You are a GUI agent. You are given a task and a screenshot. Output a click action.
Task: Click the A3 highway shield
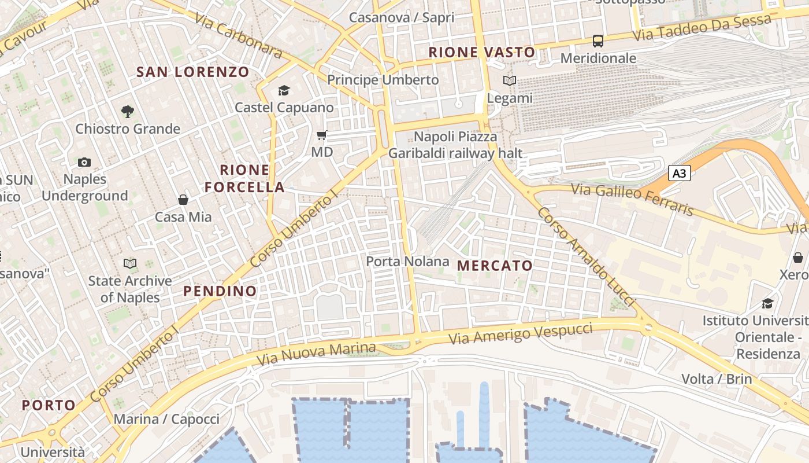click(x=680, y=173)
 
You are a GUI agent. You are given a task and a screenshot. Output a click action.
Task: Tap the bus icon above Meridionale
click(x=598, y=41)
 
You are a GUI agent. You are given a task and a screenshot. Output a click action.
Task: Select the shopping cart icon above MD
click(x=322, y=135)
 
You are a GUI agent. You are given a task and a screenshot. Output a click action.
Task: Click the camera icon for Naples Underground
click(x=84, y=162)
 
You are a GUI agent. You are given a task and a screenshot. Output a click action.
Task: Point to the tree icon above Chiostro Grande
click(x=127, y=111)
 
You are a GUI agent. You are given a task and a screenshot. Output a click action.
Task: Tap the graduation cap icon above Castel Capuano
click(x=284, y=90)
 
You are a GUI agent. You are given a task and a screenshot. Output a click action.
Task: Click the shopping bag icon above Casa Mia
click(x=183, y=200)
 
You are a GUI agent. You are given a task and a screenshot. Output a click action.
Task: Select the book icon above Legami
click(x=509, y=81)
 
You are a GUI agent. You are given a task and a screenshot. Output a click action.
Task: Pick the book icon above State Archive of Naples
click(x=130, y=264)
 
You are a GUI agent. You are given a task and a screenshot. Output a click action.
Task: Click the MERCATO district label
click(x=495, y=266)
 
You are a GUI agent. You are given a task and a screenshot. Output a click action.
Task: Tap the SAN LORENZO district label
click(x=192, y=72)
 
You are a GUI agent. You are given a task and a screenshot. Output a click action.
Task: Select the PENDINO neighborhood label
click(x=220, y=291)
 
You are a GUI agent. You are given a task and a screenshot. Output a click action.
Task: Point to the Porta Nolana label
click(x=407, y=262)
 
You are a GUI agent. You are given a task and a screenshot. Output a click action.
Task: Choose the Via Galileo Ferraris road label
click(x=632, y=199)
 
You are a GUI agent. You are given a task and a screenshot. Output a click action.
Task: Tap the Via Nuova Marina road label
click(x=316, y=354)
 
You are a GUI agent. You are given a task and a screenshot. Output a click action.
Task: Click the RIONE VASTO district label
click(x=481, y=52)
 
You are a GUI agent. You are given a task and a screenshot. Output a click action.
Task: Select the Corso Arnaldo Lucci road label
click(x=585, y=257)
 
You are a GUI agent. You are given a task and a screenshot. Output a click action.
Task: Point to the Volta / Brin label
click(x=717, y=379)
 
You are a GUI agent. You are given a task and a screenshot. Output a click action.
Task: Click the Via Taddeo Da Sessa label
click(x=702, y=28)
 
